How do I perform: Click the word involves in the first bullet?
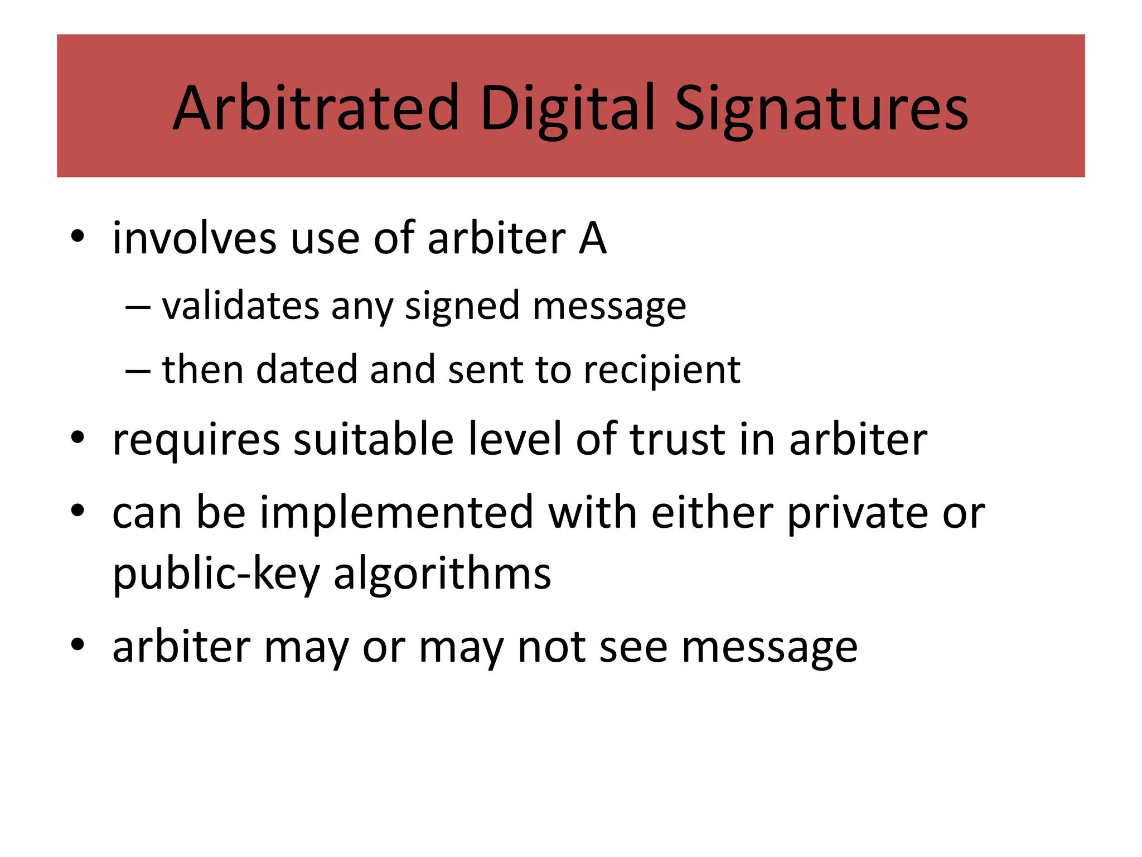point(194,238)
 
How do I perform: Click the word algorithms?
point(442,575)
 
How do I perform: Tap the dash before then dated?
point(138,370)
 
